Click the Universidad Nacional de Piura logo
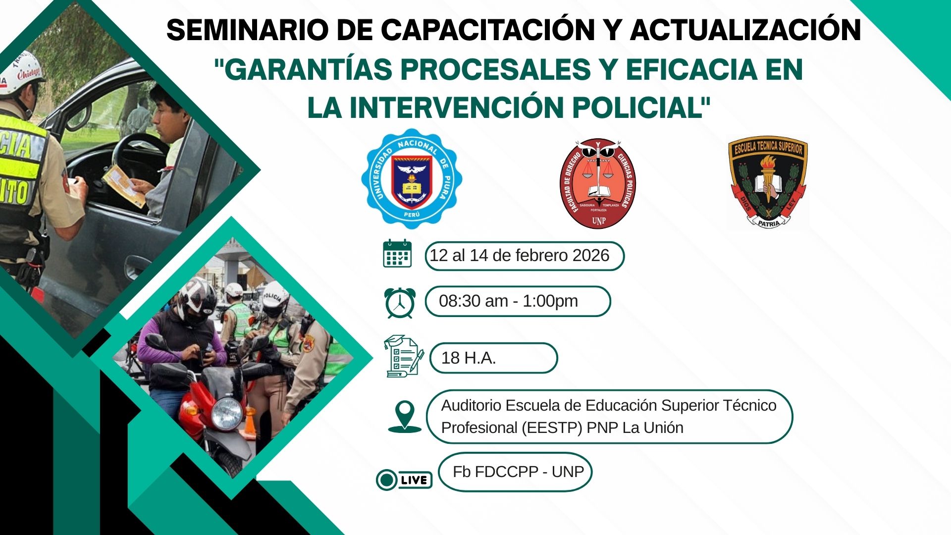point(412,179)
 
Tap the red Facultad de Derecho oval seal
point(598,183)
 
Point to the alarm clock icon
point(399,302)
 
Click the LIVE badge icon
point(404,480)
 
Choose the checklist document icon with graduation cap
point(404,356)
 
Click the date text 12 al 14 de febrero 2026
point(519,256)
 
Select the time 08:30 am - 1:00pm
point(508,301)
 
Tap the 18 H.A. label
point(469,358)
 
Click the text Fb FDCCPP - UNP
point(518,472)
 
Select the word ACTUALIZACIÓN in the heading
point(745,30)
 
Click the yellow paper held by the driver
point(124,185)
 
